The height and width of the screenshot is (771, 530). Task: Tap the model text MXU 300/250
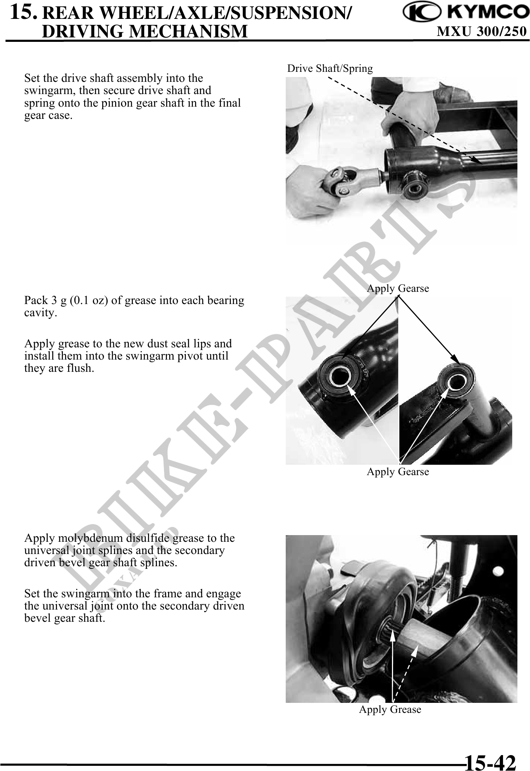pyautogui.click(x=482, y=31)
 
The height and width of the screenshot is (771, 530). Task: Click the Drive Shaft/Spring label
pyautogui.click(x=330, y=69)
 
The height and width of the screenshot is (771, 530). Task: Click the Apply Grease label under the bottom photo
pyautogui.click(x=390, y=710)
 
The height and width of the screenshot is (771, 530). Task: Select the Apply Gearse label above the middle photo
pyautogui.click(x=398, y=288)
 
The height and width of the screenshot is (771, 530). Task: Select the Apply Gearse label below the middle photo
pyautogui.click(x=398, y=471)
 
